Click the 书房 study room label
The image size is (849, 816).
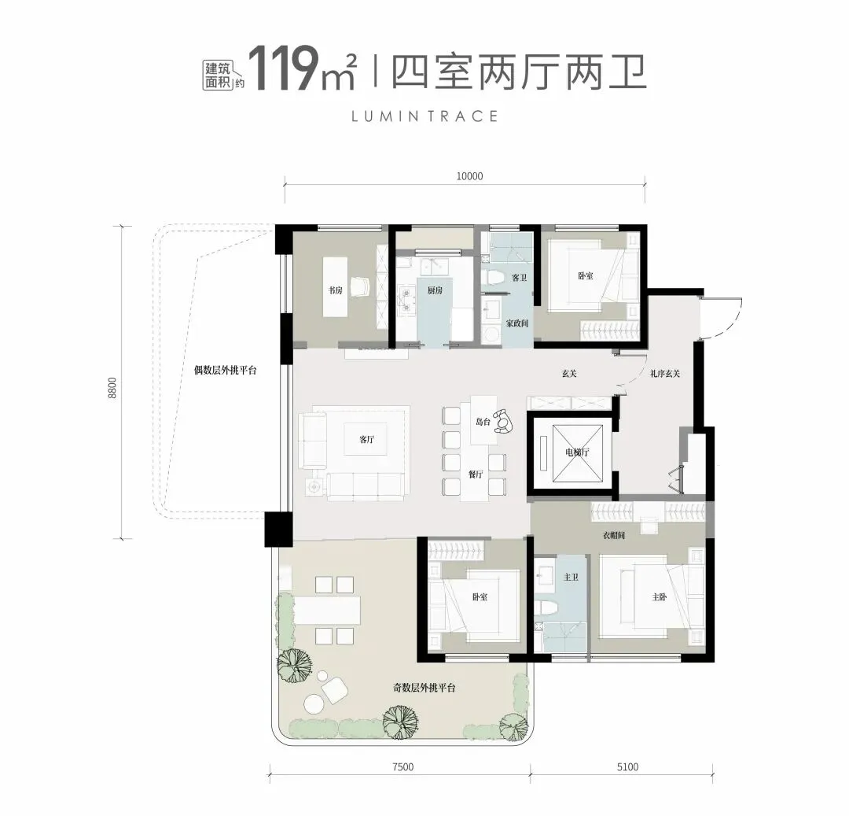click(336, 290)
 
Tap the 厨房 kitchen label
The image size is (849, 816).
click(435, 290)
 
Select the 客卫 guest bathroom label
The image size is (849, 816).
click(519, 278)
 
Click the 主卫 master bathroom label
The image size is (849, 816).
click(572, 578)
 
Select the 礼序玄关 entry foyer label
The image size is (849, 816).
click(664, 374)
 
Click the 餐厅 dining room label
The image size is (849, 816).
click(475, 474)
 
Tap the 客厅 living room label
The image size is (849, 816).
click(366, 441)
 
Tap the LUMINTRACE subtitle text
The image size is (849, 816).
click(425, 116)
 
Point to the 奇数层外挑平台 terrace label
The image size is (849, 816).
click(424, 688)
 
